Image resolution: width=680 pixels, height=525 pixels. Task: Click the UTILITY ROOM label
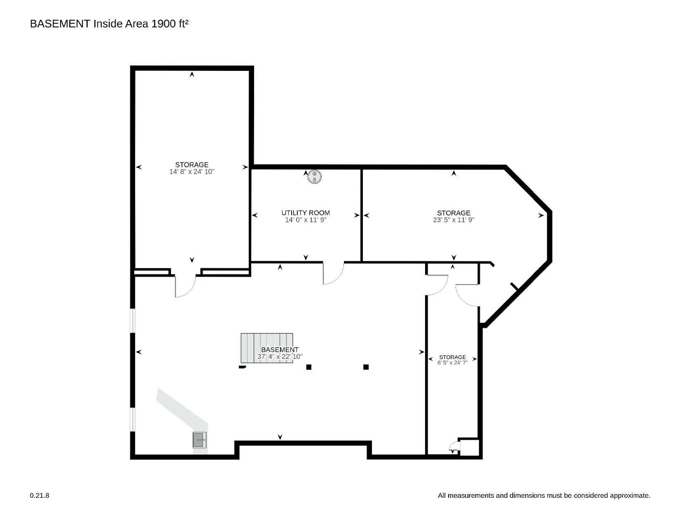[x=306, y=213]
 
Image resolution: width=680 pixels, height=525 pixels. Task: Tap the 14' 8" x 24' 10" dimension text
[x=192, y=172]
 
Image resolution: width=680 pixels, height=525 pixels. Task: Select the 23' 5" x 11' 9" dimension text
[x=454, y=220]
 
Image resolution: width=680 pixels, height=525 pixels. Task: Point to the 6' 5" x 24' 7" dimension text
[x=452, y=363]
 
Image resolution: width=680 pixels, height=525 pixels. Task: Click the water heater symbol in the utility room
[x=315, y=177]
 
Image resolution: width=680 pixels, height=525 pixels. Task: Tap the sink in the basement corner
[x=199, y=440]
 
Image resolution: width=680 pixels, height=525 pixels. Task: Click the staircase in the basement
[x=267, y=348]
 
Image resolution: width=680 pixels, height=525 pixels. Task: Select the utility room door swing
[x=334, y=273]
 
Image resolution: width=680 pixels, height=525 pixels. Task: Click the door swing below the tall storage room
[x=185, y=286]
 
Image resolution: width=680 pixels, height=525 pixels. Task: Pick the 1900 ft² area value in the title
[x=170, y=24]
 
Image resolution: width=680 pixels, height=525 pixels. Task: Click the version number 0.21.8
[x=40, y=496]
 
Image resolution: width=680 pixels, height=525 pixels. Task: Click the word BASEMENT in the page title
[x=60, y=24]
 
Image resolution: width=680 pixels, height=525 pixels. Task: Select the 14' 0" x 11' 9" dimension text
[x=306, y=220]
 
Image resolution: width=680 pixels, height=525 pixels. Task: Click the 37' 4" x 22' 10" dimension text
[x=280, y=356]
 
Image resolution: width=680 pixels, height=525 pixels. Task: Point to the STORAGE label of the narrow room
[x=452, y=357]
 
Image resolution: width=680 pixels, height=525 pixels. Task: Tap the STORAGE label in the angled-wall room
[x=454, y=213]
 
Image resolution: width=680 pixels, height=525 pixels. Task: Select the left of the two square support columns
[x=309, y=367]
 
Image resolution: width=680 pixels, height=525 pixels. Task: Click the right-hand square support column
[x=366, y=367]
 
